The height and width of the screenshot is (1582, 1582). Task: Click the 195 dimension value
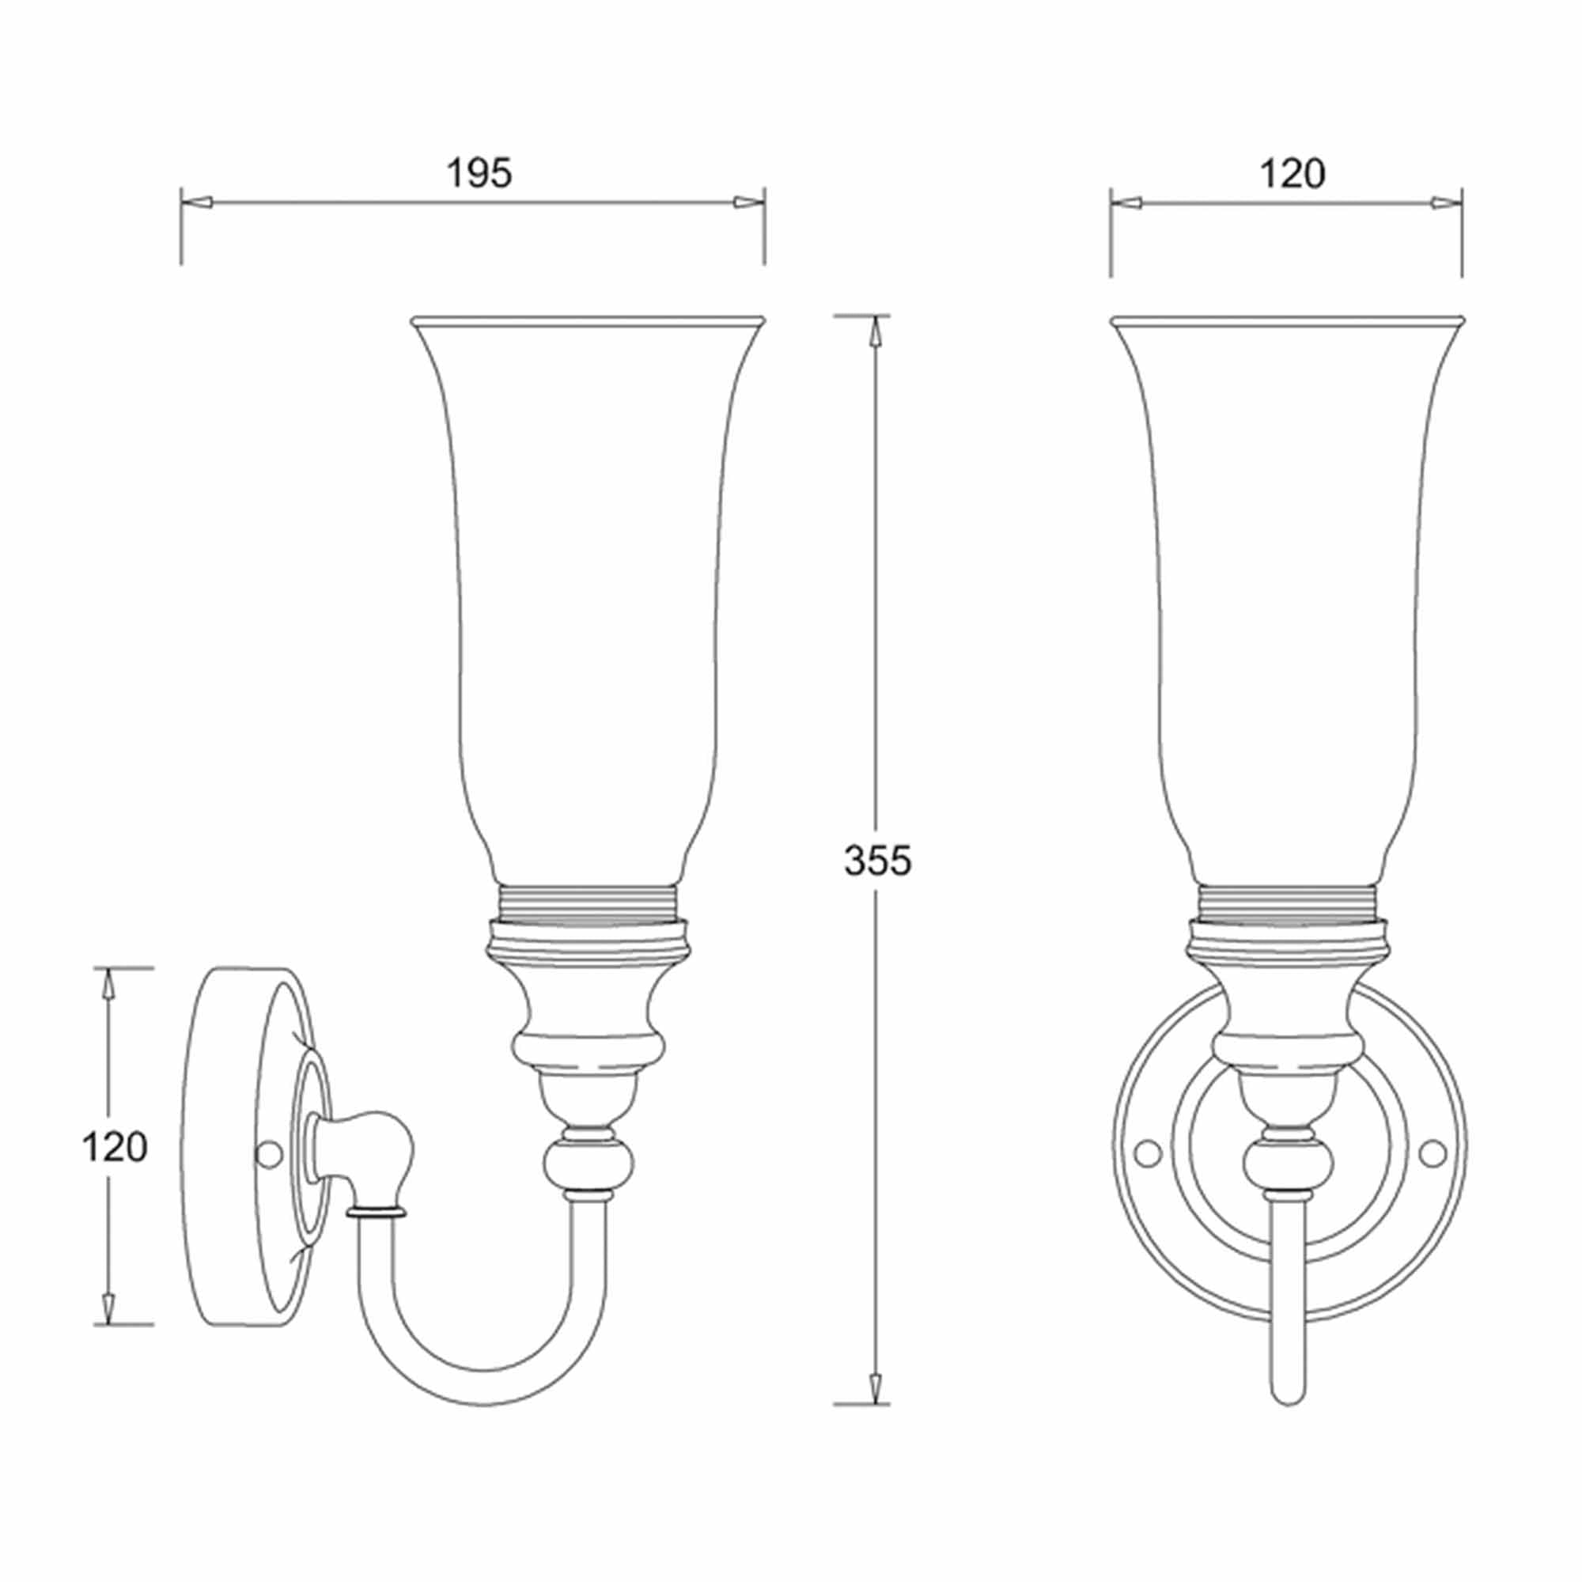[x=479, y=173]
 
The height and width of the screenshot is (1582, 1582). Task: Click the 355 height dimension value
[x=877, y=861]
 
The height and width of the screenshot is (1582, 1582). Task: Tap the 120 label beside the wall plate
[x=114, y=1147]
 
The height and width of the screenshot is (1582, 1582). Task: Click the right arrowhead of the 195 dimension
[x=747, y=202]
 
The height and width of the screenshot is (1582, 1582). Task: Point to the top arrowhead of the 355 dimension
[x=876, y=331]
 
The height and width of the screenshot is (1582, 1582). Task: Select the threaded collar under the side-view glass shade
[x=588, y=901]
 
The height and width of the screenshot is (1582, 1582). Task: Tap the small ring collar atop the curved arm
[x=376, y=1210]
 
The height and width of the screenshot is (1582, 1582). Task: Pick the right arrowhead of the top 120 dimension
[x=1445, y=203]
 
